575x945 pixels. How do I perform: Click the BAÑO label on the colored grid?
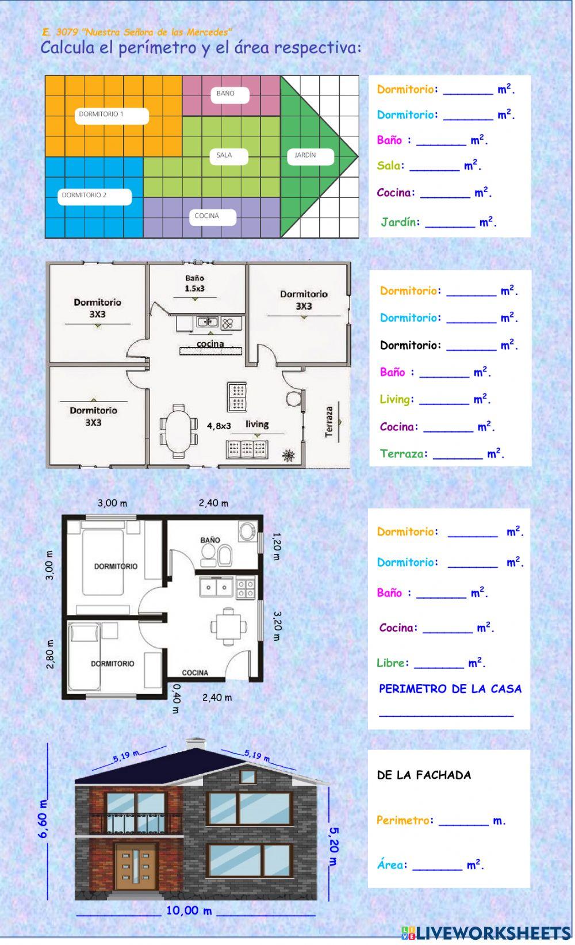coord(226,93)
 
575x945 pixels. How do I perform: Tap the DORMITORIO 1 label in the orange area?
coord(101,114)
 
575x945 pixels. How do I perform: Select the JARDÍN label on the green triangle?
coord(305,155)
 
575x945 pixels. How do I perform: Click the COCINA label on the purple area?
coord(207,216)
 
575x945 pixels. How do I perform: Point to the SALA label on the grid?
coord(224,155)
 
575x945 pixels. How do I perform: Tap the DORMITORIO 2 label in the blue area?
coord(84,195)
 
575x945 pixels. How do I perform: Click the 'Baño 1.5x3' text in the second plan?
coord(194,283)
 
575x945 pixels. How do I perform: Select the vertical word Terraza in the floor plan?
coord(329,422)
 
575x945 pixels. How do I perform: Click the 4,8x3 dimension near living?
coord(218,426)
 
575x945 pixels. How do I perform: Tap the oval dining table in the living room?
coord(178,431)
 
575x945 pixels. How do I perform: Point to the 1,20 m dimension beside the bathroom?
coord(277,546)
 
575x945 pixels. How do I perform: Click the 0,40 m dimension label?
coord(177,699)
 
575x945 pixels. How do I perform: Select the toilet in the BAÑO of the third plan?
coord(208,555)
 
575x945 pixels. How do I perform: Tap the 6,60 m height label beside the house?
coord(43,818)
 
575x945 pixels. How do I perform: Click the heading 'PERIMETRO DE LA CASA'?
coord(450,689)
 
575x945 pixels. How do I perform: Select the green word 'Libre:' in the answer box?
coord(393,663)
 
